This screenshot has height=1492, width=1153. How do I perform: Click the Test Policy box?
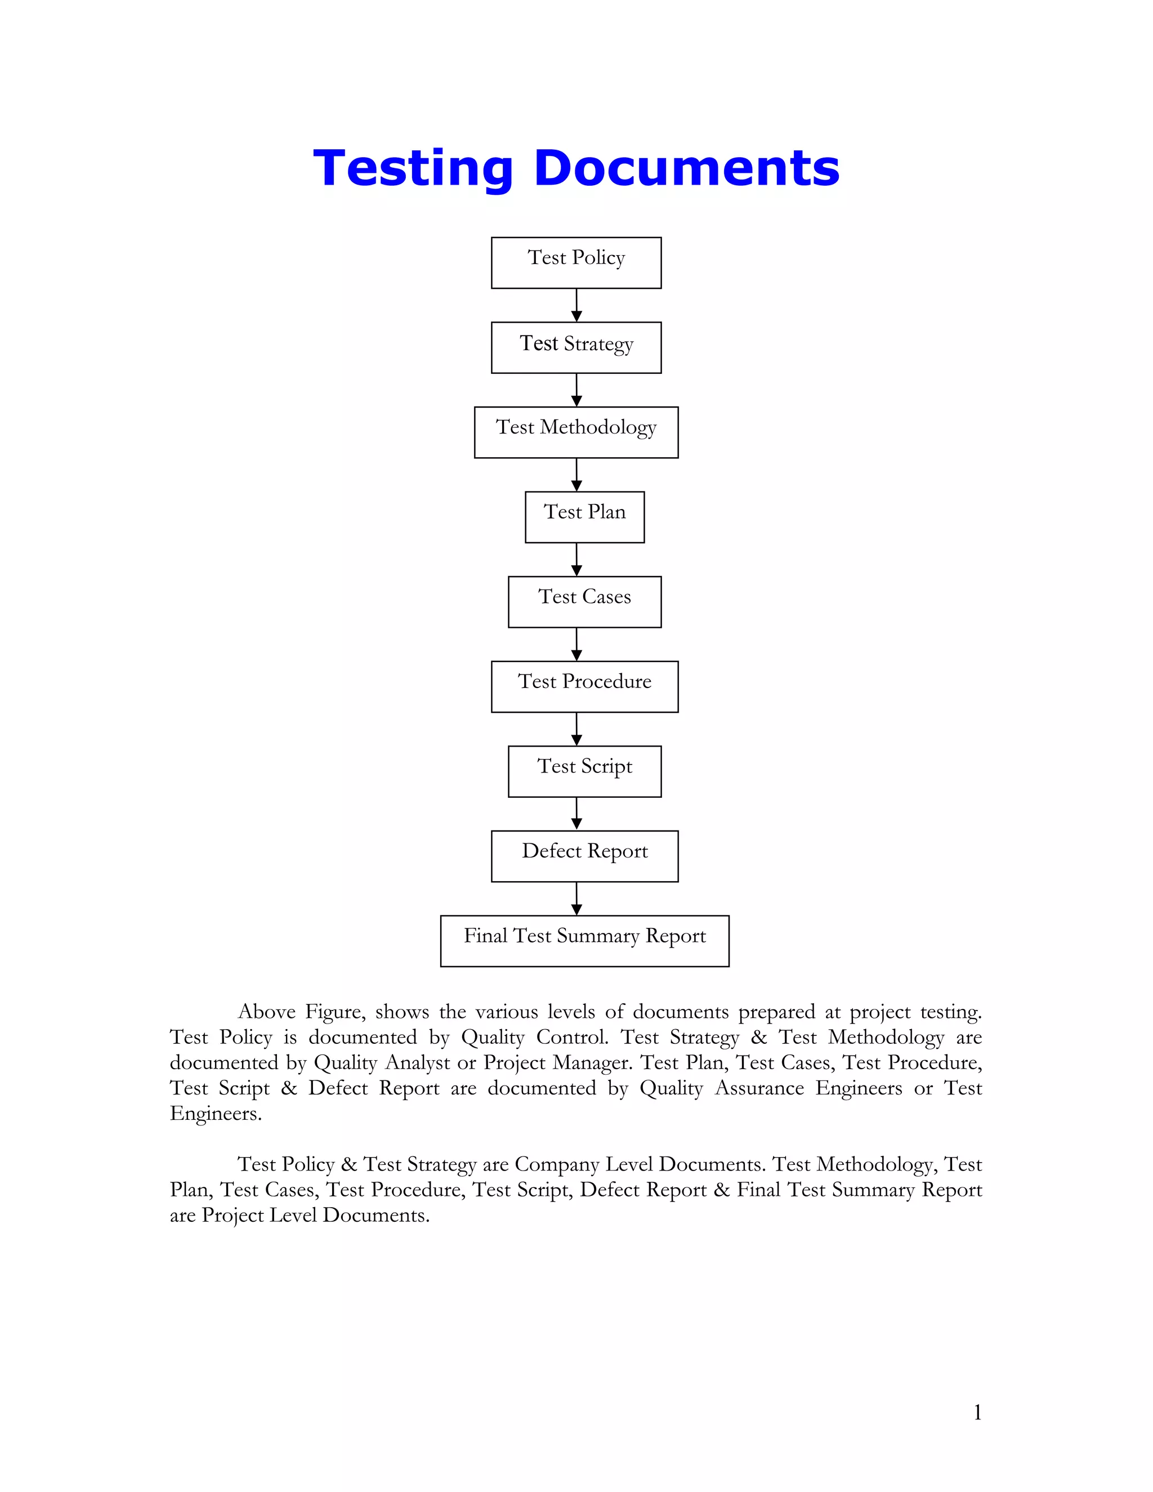pos(576,263)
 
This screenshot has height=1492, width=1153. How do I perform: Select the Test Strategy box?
pos(576,348)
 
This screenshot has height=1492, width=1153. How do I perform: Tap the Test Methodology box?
pos(576,432)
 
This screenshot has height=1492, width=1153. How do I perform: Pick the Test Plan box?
pos(584,517)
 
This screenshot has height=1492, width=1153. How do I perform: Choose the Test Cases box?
pos(584,602)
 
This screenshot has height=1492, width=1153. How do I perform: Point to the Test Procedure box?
pos(584,686)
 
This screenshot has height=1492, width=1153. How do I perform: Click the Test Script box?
pos(584,771)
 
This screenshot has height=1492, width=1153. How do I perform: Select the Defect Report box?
pos(584,856)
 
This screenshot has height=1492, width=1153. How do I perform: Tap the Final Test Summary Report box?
pos(584,941)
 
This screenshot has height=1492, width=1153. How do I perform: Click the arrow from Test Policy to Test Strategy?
pos(576,305)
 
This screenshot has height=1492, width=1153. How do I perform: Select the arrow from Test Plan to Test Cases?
pos(576,560)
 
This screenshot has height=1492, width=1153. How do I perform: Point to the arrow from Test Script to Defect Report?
pos(576,814)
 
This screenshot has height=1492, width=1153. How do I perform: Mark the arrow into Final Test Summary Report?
pos(576,899)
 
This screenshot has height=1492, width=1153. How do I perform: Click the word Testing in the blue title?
pos(413,169)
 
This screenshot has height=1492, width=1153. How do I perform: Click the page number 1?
pos(977,1412)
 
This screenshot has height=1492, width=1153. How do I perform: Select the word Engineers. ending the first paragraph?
pos(216,1114)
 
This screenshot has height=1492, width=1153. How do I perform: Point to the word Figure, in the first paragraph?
pos(336,1012)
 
